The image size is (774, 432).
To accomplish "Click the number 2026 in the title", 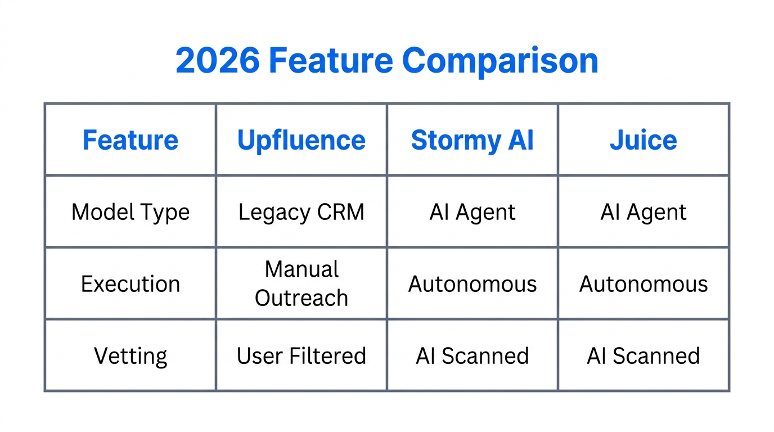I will pos(217,61).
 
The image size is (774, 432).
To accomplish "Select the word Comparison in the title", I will pos(500,61).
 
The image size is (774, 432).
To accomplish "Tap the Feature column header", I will pos(130,140).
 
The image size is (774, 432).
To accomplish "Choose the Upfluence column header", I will pos(301,140).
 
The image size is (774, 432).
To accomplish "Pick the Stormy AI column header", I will pos(472,140).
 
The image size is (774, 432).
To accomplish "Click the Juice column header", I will pos(643,140).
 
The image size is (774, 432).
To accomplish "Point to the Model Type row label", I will pos(130,212).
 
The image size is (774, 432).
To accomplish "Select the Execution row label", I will pos(130,284).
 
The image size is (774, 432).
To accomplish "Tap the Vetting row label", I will pos(130,356).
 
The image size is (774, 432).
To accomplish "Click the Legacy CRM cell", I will pos(301,212).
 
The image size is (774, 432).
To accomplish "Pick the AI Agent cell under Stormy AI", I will pos(472,212).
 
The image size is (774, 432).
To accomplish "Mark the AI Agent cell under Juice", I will pos(643,212).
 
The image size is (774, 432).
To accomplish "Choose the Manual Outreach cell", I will pos(301,283).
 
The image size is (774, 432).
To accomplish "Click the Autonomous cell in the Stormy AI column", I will pos(472,284).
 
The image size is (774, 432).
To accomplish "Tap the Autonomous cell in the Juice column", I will pos(643,284).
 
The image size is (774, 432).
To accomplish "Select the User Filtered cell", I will pos(301,356).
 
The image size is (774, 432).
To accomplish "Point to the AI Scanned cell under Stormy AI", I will pos(472,356).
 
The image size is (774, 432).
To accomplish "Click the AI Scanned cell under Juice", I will pos(643,356).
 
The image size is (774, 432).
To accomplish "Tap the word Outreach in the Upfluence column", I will pos(301,298).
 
